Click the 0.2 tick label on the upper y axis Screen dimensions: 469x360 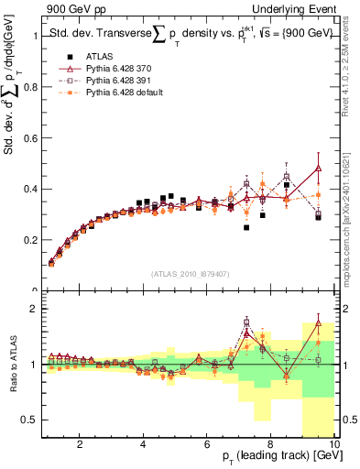(x=30, y=240)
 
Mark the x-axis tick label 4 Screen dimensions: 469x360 (x=143, y=444)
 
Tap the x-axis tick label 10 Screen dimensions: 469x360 (x=333, y=444)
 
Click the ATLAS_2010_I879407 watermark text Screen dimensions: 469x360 (x=190, y=272)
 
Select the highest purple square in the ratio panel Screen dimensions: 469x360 (x=246, y=322)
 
